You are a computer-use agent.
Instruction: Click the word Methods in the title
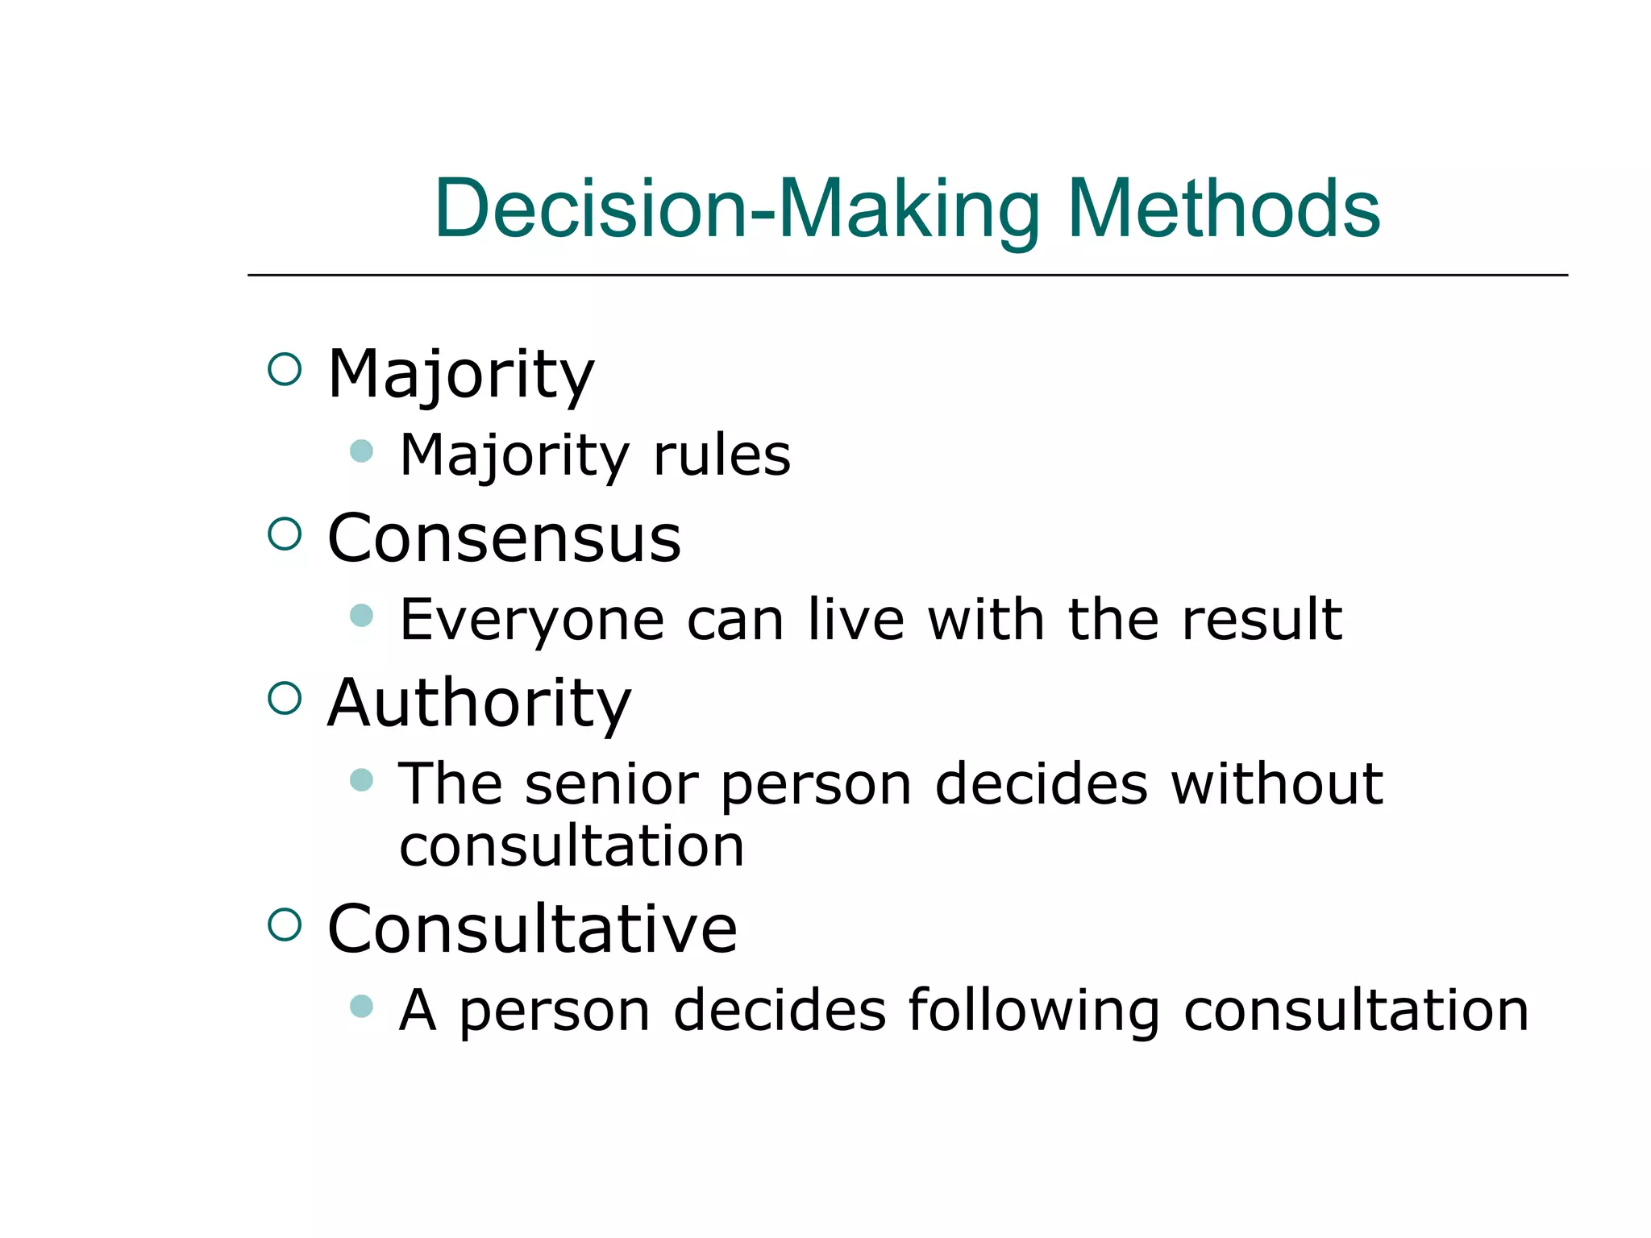(1223, 210)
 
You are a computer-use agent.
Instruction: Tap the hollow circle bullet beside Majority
(284, 370)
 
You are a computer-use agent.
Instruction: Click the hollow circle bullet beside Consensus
(284, 534)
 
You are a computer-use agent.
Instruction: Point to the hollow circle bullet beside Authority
(284, 698)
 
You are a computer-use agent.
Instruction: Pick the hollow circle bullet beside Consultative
(284, 924)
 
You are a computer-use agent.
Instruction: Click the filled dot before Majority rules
(362, 451)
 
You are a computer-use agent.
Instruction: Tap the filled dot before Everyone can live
(362, 616)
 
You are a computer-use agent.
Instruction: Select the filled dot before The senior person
(362, 779)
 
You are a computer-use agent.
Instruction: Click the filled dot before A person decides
(362, 1006)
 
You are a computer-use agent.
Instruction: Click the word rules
(722, 455)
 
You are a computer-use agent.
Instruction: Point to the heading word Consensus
(505, 538)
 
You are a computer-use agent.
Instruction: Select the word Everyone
(532, 621)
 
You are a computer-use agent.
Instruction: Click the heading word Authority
(479, 704)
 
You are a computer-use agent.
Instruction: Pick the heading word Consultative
(532, 928)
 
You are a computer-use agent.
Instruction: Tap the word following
(1033, 1012)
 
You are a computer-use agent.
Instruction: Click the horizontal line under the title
(907, 275)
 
